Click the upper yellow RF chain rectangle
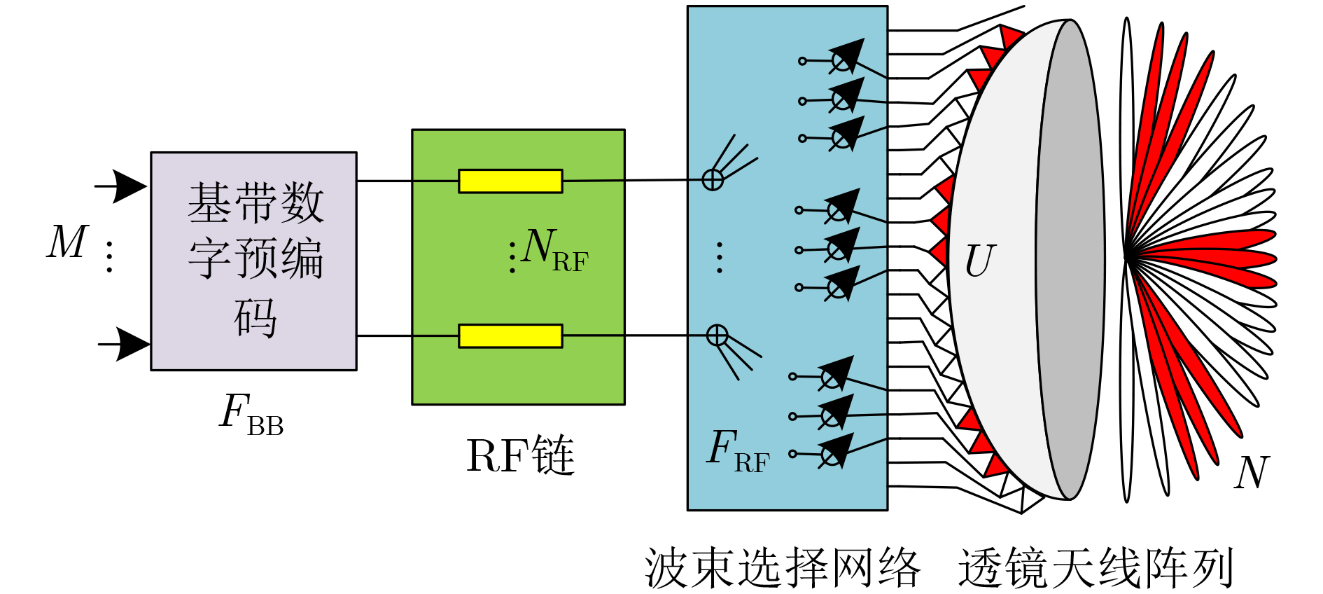[510, 181]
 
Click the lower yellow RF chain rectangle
[510, 336]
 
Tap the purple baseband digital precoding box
[254, 261]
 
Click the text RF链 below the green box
[520, 456]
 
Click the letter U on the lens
[979, 261]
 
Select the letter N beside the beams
[1252, 472]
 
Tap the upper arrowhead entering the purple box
[129, 186]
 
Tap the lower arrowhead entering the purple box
[132, 344]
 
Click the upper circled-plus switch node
[713, 180]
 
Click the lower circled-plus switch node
[717, 335]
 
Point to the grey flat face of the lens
[1070, 259]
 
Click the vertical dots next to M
[109, 256]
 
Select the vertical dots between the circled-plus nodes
[720, 257]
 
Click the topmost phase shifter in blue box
[845, 57]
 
